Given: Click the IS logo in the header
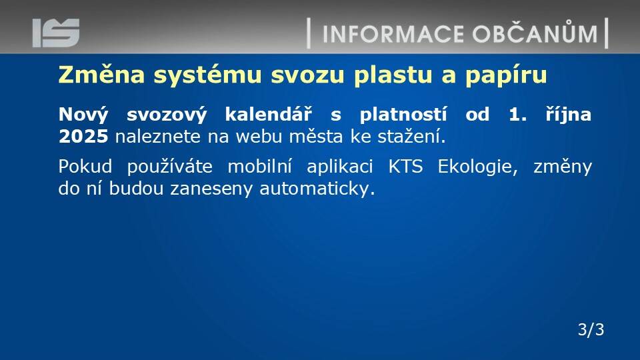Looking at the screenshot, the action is tap(56, 33).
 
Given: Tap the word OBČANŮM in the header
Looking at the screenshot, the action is tap(535, 33).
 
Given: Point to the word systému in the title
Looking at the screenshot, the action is tap(207, 75).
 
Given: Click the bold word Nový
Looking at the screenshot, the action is tap(83, 115).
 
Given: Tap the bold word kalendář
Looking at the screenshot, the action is tap(268, 114).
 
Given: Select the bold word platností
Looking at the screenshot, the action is tap(403, 115).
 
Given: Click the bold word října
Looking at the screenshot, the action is tap(568, 115).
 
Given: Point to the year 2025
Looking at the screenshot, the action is tap(83, 136).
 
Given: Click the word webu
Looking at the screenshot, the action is tap(259, 136).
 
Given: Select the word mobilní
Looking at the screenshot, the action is tap(259, 167).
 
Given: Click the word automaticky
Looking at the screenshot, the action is tap(317, 189).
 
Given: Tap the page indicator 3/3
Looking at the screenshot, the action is tap(591, 329).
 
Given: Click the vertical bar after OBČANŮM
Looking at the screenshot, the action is tap(606, 33).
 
